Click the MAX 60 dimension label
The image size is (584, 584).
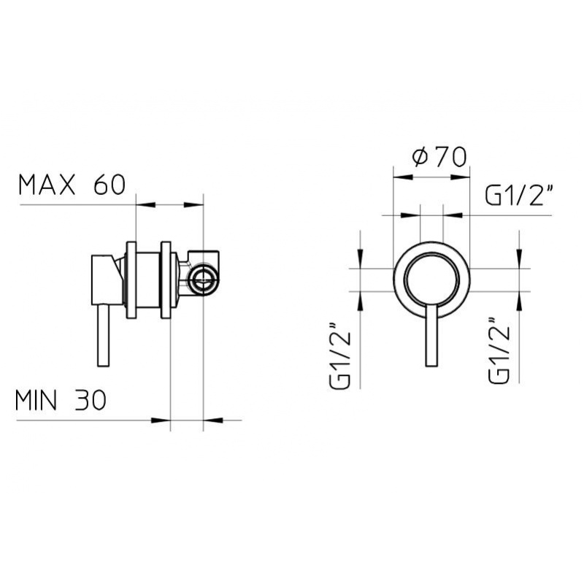coord(72,185)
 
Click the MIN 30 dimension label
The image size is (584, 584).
coord(61,400)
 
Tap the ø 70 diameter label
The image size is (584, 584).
coord(439,157)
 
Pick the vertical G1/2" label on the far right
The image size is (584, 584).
coord(499,350)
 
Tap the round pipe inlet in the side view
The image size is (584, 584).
coord(204,279)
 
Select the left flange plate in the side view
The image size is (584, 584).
coord(131,280)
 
